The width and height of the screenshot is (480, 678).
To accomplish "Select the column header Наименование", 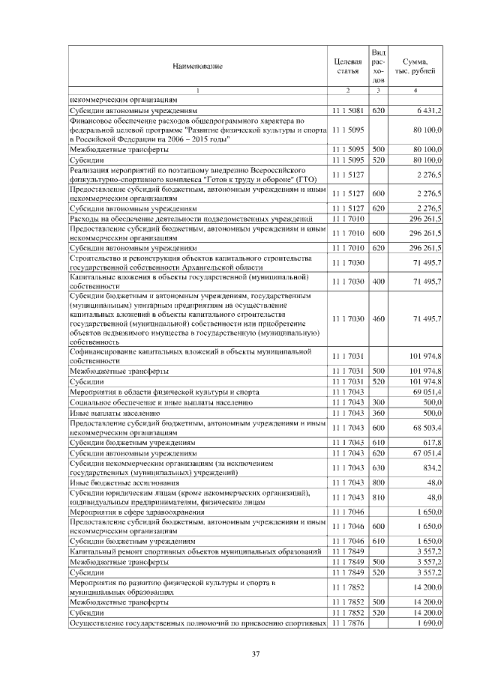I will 197,67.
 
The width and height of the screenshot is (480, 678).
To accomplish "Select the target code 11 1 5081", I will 347,110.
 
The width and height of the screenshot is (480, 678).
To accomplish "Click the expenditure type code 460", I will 378,318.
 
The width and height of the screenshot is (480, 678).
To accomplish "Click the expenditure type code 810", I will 378,497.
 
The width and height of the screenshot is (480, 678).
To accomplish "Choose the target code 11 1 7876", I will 347,623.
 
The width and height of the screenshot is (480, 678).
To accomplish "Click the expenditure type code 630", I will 378,468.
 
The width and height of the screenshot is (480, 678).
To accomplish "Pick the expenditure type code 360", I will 378,412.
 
